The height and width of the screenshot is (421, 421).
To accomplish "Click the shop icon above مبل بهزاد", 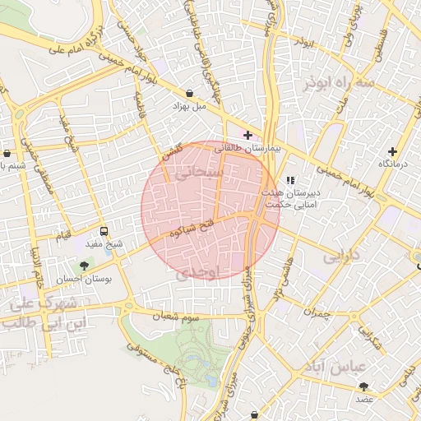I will pos(191,94).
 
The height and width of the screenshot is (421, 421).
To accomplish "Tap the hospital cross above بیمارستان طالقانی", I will pos(248,134).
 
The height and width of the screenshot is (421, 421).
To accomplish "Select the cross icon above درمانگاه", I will pos(393,151).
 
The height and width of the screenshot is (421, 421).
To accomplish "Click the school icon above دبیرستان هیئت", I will pos(289,180).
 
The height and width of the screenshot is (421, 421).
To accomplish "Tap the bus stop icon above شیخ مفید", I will pos(103,231).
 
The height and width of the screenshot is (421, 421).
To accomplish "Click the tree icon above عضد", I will pos(363,386).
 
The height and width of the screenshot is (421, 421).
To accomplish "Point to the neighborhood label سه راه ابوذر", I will pos(337,84).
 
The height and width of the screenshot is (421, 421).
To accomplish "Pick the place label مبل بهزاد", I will pos(191,108).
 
